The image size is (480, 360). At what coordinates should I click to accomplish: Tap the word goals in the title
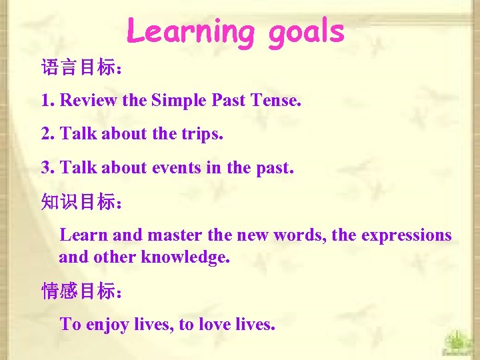click(x=306, y=31)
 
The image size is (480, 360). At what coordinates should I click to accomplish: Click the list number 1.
click(x=46, y=101)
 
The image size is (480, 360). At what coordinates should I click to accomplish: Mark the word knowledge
click(x=186, y=257)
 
